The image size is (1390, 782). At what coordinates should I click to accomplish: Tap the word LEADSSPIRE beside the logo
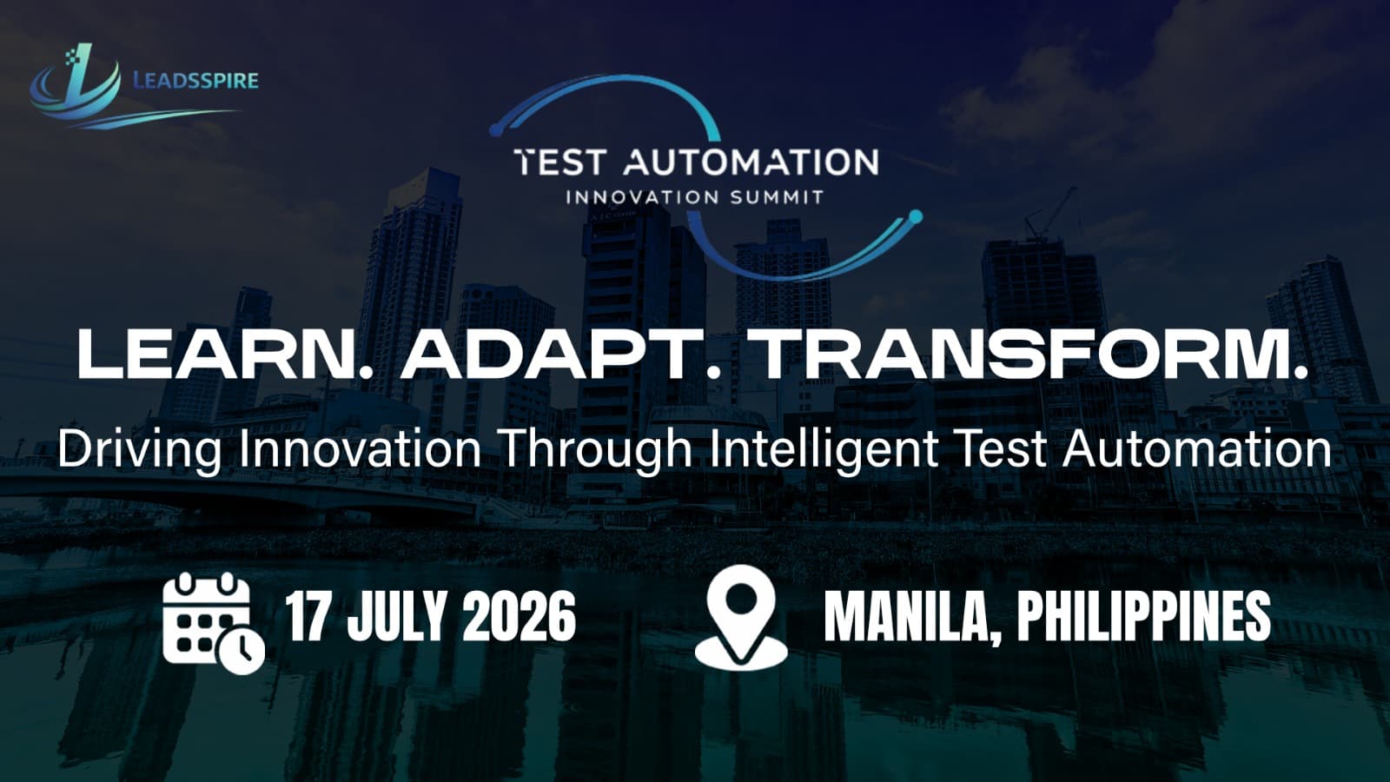(195, 81)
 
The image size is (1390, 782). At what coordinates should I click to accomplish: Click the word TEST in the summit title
(558, 162)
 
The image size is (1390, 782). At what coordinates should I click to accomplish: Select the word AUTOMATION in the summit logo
(751, 162)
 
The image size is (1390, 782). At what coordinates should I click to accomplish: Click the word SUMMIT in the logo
(776, 197)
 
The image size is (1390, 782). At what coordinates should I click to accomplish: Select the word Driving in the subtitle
(139, 450)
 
